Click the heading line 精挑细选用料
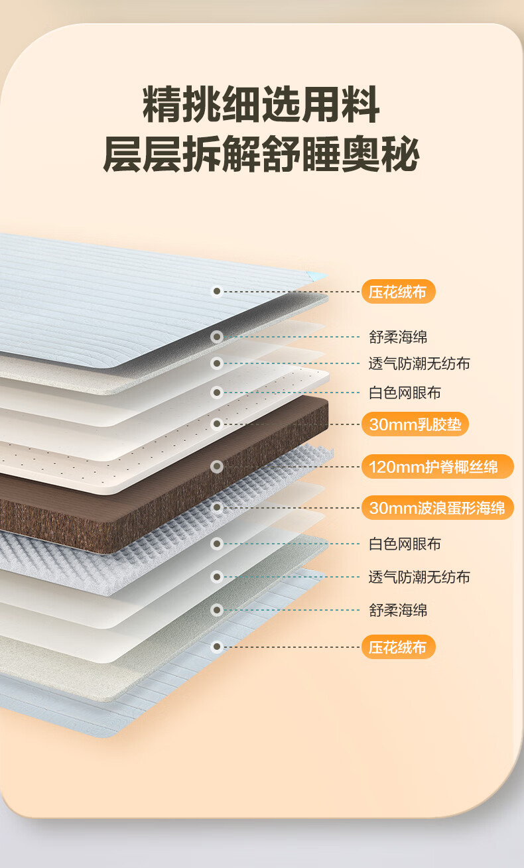[261, 104]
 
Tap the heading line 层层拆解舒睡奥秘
[261, 155]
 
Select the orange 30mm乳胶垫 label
[415, 424]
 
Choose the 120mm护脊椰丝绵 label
[437, 467]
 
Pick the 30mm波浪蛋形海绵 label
[437, 508]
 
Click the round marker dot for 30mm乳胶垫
[216, 424]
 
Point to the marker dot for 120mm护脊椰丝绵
[216, 467]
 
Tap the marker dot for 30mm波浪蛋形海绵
[216, 508]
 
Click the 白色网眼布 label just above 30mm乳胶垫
[405, 393]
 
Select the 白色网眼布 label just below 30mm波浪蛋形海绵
[405, 544]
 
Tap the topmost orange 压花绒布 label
[398, 292]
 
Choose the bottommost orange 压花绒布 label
[398, 647]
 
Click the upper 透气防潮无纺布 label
[419, 363]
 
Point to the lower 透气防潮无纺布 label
[419, 577]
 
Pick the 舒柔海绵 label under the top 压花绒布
[398, 337]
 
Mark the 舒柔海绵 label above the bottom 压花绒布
[398, 610]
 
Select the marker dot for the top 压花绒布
[216, 291]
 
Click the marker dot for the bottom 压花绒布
[216, 647]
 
